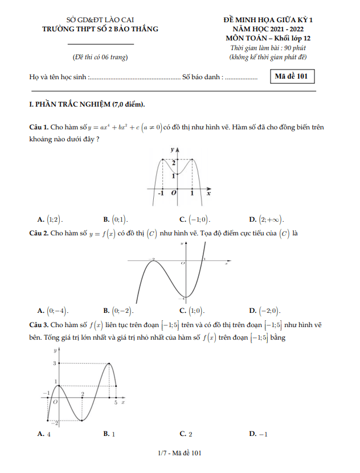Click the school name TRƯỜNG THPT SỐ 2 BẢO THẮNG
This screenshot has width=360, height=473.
coord(100,28)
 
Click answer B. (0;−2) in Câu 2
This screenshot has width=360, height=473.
coord(118,311)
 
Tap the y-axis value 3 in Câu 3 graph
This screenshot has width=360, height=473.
coord(55,364)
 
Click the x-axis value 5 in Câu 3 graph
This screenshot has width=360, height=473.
coord(116,403)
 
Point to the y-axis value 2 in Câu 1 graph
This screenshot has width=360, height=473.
coord(174,163)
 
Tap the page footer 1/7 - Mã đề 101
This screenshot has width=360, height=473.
coord(180,454)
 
